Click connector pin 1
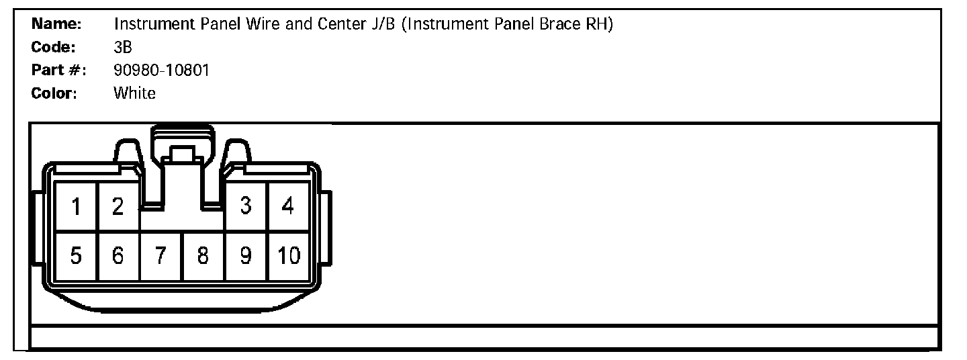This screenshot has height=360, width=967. pos(76,207)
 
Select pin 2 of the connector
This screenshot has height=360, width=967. pos(118,207)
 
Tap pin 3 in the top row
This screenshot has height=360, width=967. pos(246,207)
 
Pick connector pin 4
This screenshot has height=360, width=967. pos(288,207)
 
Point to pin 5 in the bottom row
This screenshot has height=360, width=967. pos(76,256)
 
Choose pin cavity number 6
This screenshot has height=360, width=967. pos(118,256)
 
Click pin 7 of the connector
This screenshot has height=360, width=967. pos(160,256)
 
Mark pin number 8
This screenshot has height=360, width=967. pos(203,256)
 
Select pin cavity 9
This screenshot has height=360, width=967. pos(246,256)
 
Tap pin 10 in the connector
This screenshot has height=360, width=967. pos(289,256)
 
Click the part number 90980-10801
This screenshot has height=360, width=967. pos(162,70)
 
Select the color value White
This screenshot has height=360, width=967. pos(135,93)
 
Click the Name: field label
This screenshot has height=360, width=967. pos(57,24)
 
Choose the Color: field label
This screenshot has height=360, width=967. pos(54,93)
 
